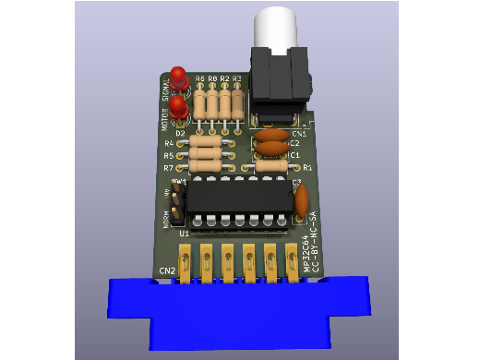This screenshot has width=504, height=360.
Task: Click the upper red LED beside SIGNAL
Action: click(x=177, y=77)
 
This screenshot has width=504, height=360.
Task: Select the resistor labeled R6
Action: click(x=200, y=102)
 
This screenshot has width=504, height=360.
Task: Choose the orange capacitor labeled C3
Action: click(x=301, y=200)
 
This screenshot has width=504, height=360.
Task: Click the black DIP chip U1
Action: click(x=238, y=197)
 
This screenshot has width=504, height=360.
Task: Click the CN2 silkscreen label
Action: click(x=167, y=270)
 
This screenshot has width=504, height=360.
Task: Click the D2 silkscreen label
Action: click(x=181, y=134)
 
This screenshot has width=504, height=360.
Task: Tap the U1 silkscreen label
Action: click(x=184, y=234)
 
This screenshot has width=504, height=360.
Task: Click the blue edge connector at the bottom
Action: click(x=240, y=309)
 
